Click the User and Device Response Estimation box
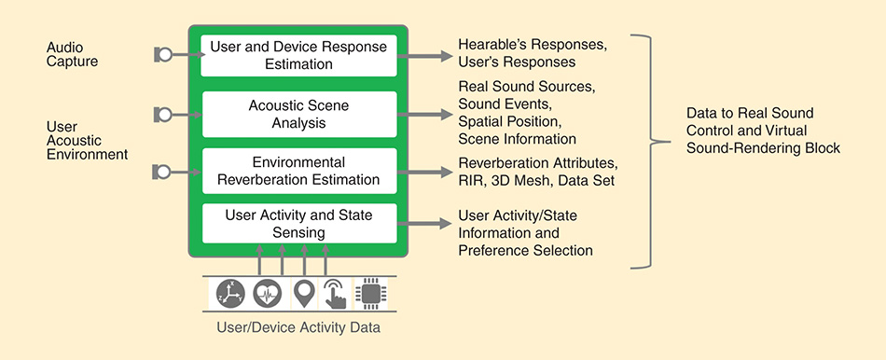(x=299, y=55)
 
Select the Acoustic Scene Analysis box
(x=299, y=114)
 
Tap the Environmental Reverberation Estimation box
(x=299, y=172)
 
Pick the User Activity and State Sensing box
(x=299, y=223)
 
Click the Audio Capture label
(x=72, y=54)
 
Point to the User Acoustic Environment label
(x=87, y=140)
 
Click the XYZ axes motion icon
(x=230, y=294)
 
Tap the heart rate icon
(x=268, y=294)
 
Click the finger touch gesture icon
(x=334, y=294)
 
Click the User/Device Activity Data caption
(x=299, y=327)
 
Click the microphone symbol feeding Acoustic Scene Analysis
(x=162, y=115)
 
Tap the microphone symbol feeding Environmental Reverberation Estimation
(x=162, y=172)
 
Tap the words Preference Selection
(x=525, y=250)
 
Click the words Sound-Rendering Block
(x=763, y=148)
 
